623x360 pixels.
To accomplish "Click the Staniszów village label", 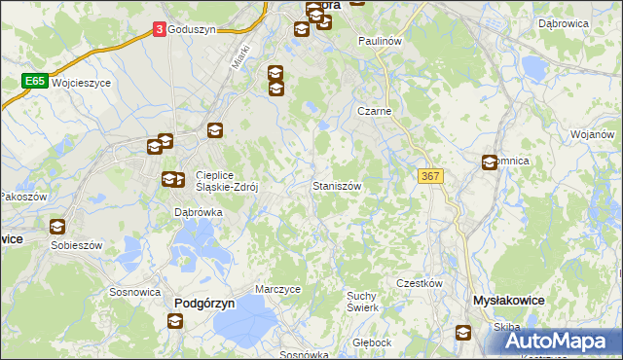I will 337,185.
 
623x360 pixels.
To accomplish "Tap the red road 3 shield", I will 159,30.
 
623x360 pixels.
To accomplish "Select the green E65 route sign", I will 34,83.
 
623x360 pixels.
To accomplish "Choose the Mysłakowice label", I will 507,303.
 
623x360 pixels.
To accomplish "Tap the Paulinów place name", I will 380,42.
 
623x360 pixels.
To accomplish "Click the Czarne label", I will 374,111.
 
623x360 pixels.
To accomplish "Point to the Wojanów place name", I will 592,134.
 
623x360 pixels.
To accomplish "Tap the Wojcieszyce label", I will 82,84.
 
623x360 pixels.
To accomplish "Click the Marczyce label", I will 277,289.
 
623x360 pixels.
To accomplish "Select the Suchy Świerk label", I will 362,301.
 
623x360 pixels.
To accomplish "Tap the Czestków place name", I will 420,283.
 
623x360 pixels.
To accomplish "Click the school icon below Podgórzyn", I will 174,320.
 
